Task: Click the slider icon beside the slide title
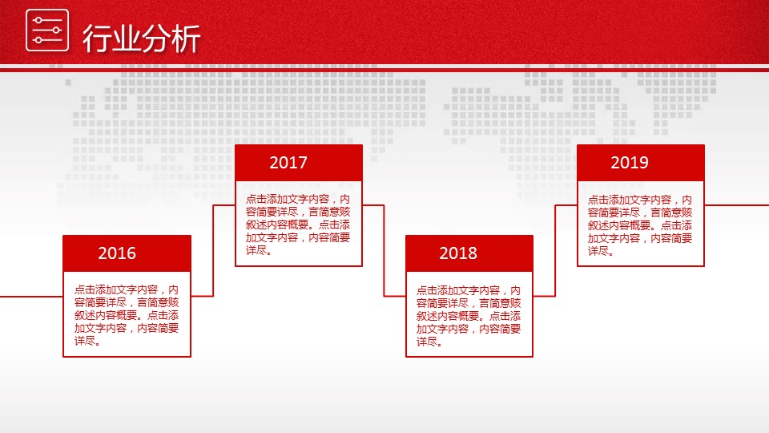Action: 47,30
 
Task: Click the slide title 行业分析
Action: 141,38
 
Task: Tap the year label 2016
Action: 117,253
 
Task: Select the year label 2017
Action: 288,163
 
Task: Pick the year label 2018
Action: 458,253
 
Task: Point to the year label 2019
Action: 630,163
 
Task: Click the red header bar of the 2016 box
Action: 127,253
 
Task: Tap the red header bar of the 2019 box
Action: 641,163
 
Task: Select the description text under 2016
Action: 127,315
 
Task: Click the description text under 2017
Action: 298,225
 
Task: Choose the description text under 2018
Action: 469,316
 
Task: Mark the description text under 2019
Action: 640,225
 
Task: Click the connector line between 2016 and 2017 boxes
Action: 213,250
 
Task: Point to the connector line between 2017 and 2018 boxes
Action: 384,250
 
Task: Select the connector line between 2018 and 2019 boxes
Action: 555,250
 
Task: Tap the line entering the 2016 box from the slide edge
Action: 31,297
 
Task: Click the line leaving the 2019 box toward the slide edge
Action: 737,205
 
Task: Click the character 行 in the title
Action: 96,38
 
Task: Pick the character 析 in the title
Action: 187,38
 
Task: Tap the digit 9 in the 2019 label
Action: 644,163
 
